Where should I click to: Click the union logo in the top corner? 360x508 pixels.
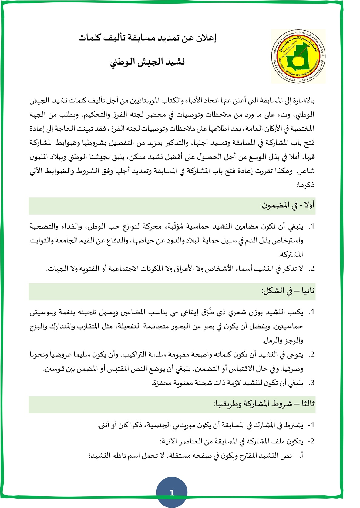click(298, 56)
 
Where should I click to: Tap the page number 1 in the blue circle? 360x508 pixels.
click(172, 493)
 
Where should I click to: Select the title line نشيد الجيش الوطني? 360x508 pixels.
click(147, 62)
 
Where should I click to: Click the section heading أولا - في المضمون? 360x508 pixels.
click(287, 206)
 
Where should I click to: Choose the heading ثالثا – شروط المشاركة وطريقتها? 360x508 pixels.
click(264, 404)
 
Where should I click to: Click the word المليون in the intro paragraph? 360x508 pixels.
click(40, 157)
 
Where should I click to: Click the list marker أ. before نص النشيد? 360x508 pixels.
click(301, 456)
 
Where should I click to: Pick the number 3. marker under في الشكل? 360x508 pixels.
click(311, 383)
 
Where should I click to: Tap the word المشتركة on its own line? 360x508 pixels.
click(291, 254)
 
